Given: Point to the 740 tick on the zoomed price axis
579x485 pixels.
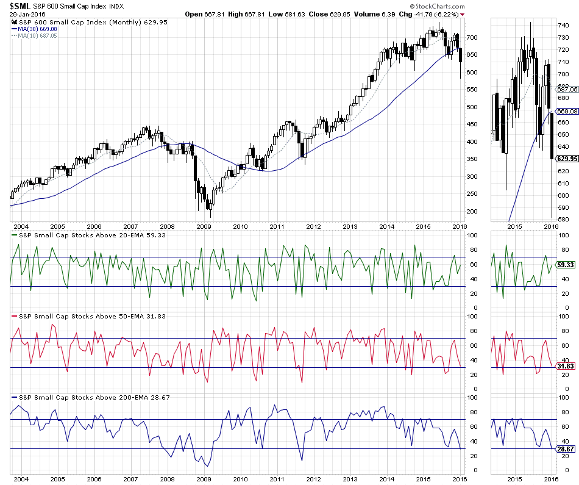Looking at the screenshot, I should pos(563,25).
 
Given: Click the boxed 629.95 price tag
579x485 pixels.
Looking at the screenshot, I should pos(567,159).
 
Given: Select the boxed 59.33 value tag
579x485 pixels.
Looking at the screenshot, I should pos(567,265).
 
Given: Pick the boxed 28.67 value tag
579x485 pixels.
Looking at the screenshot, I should pos(567,449).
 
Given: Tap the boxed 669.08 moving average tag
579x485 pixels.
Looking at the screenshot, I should pos(567,111).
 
